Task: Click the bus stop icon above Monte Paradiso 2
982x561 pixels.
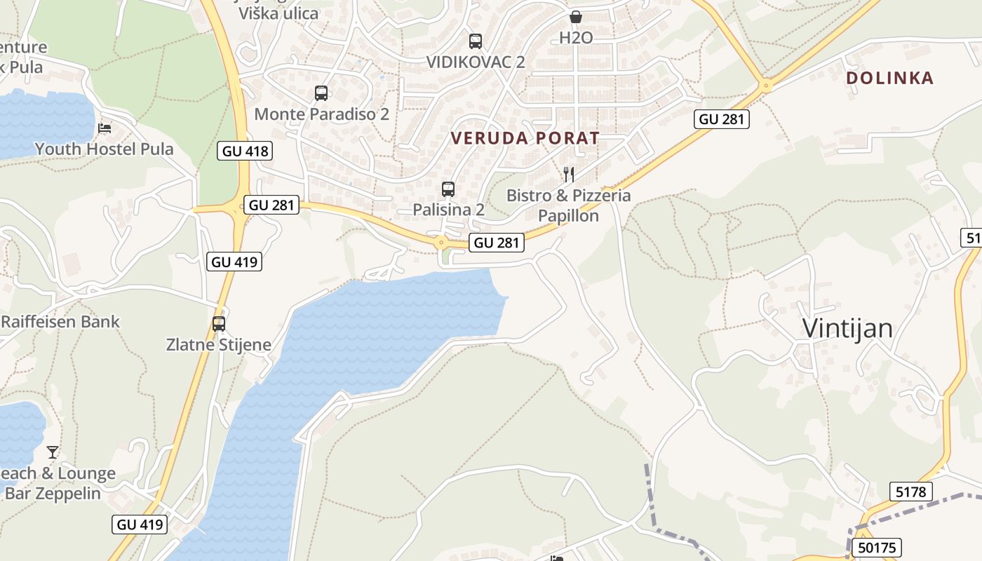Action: [321, 93]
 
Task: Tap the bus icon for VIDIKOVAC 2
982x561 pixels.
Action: [476, 41]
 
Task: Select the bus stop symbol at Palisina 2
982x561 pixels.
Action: [448, 189]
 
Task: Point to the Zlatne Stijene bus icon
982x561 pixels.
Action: [219, 324]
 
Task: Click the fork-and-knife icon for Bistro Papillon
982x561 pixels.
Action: [569, 175]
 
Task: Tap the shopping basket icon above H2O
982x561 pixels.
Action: [576, 17]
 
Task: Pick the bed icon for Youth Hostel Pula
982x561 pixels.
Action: [105, 128]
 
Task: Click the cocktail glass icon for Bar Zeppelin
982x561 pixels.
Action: [53, 452]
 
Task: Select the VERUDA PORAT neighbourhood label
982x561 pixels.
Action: [525, 138]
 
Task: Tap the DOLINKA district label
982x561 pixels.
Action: [890, 78]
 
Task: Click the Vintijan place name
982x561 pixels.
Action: [847, 328]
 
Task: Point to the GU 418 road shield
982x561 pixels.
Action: [245, 151]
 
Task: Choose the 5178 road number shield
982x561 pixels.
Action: [911, 492]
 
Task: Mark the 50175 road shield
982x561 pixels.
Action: [876, 548]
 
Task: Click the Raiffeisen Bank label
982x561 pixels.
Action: [60, 322]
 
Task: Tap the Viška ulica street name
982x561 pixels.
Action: [278, 13]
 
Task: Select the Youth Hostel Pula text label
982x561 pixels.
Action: [105, 149]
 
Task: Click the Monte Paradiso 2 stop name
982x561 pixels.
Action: [321, 114]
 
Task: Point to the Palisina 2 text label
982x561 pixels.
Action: [448, 210]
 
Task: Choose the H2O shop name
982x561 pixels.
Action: [576, 38]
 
